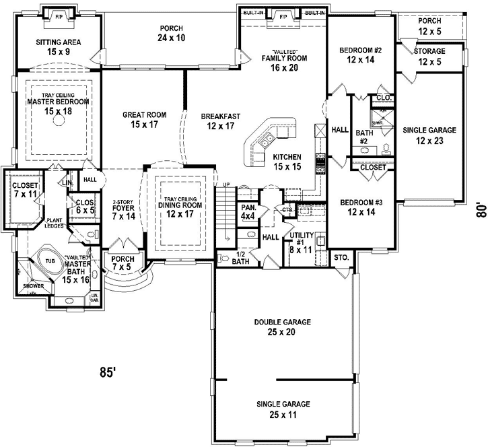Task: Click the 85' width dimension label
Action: point(108,372)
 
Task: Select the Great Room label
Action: point(145,120)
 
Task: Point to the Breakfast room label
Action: point(220,121)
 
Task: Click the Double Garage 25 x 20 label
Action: point(282,327)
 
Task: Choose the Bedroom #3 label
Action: point(361,207)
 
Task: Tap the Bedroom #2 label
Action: point(360,55)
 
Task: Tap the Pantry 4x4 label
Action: point(248,212)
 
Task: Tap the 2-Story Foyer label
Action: point(124,210)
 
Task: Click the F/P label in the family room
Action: point(283,15)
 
